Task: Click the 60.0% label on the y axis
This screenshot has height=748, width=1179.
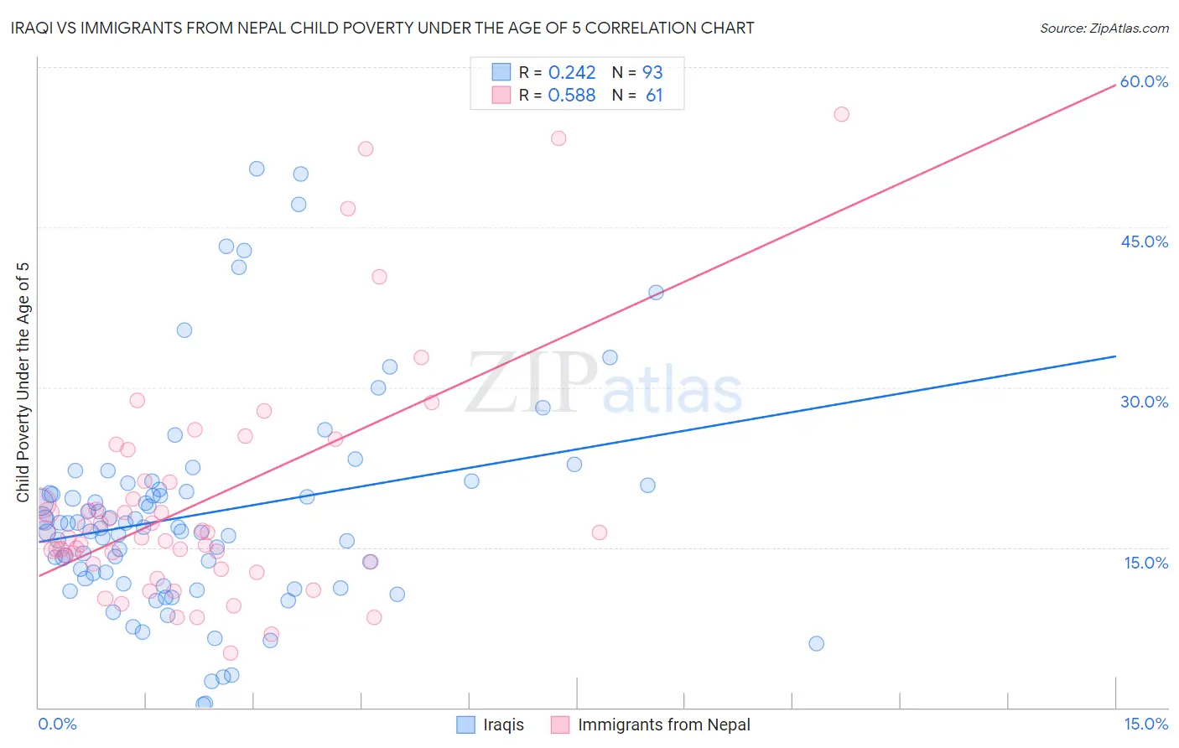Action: [x=1144, y=81]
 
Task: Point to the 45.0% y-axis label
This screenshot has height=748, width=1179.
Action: [x=1144, y=242]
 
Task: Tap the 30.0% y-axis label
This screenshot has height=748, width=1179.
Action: [x=1144, y=402]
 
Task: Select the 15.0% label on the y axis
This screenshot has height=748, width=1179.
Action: [x=1145, y=563]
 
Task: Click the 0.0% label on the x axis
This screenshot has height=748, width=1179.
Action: [x=57, y=724]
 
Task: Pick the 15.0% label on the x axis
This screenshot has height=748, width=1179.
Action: [x=1145, y=724]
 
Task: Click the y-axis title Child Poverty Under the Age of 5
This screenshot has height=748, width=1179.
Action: [x=23, y=382]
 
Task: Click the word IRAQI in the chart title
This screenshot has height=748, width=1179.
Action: [x=36, y=29]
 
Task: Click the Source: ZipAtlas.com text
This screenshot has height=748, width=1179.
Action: [x=1104, y=29]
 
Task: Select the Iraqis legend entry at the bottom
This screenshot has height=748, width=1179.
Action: [x=503, y=725]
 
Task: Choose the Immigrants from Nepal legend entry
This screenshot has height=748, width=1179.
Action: [x=663, y=725]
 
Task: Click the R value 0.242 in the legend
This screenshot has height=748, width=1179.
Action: [x=572, y=73]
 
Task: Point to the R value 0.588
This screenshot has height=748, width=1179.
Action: [x=572, y=96]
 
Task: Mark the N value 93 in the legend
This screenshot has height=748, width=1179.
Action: [x=652, y=73]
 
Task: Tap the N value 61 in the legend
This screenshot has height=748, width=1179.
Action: [x=654, y=96]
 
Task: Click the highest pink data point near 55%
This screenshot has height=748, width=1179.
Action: [x=841, y=114]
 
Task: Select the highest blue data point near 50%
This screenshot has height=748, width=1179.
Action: [x=257, y=169]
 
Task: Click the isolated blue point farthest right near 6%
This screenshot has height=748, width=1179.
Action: [x=816, y=643]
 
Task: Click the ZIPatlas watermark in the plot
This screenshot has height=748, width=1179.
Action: [x=604, y=385]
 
